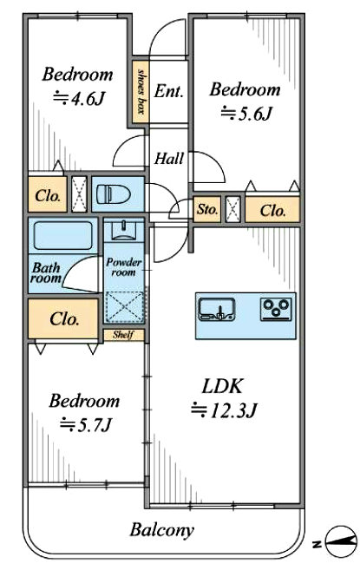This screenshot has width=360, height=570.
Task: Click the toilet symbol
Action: [113, 194]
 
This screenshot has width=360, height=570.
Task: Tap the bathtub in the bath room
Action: [63, 236]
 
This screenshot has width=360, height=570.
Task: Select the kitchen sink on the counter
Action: [217, 310]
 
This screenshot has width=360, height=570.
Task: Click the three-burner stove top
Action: [276, 310]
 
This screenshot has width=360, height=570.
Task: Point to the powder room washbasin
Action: [124, 231]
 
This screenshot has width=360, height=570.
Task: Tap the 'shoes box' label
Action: [141, 91]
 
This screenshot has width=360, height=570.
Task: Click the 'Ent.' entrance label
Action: [168, 91]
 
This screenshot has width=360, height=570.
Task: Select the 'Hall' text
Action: [169, 159]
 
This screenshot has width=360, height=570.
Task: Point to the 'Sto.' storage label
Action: [207, 209]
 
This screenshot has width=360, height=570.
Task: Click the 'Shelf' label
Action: [123, 335]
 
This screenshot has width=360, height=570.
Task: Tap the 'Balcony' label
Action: [162, 530]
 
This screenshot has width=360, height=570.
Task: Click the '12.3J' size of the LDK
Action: [225, 410]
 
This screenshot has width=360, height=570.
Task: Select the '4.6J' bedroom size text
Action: [79, 98]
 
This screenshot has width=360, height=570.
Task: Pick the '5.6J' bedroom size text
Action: [246, 114]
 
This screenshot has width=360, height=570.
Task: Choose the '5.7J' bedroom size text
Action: [85, 424]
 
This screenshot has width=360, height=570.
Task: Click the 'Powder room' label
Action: [124, 267]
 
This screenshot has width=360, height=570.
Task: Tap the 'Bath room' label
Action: [46, 273]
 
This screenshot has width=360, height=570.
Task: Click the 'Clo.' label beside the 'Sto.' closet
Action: [272, 211]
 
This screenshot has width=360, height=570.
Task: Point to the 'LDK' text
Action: [222, 386]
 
